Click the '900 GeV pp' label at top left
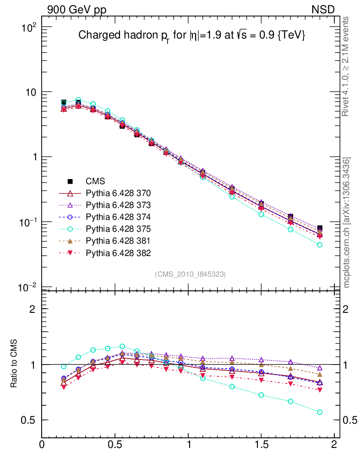point(76,9)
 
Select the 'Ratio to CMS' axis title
point(14,364)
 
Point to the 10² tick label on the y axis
point(28,27)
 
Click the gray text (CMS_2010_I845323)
point(191,274)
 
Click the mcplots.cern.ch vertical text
point(347,223)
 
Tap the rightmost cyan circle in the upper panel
point(320,245)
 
